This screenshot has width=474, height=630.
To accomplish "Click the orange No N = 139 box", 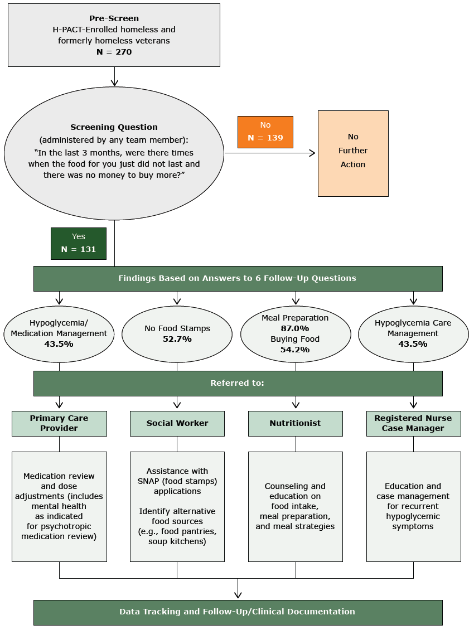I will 265,132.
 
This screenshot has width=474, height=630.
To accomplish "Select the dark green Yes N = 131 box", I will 79,244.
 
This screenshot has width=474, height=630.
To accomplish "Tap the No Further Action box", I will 353,153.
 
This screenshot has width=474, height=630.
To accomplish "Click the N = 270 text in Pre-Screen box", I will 114,52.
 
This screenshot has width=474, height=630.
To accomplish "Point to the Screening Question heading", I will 114,127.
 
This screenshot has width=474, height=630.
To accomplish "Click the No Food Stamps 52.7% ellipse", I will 177,334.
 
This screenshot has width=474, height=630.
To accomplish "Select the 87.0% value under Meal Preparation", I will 295,328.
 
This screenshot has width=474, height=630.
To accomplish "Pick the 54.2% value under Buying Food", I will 295,350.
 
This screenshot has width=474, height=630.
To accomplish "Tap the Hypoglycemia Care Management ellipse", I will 413,334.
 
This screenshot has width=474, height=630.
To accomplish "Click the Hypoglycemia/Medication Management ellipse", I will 59,334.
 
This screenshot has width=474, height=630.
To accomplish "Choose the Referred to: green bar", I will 238,384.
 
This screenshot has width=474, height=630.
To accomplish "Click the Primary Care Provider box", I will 59,423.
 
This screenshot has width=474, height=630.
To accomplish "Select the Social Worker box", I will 177,423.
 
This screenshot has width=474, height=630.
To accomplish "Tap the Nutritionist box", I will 295,423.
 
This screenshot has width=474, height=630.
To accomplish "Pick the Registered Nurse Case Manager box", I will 413,423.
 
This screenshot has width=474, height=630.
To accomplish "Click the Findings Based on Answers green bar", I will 238,278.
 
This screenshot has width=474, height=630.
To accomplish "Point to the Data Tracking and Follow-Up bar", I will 238,612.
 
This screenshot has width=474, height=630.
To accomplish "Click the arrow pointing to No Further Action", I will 312,153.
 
